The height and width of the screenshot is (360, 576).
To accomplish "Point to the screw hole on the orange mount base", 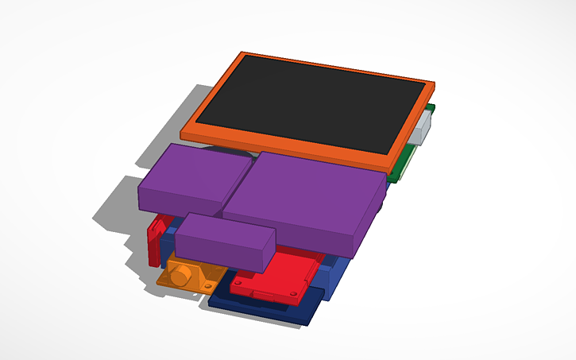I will (x=209, y=285).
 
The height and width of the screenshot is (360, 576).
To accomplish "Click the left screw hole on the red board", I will (x=239, y=280).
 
